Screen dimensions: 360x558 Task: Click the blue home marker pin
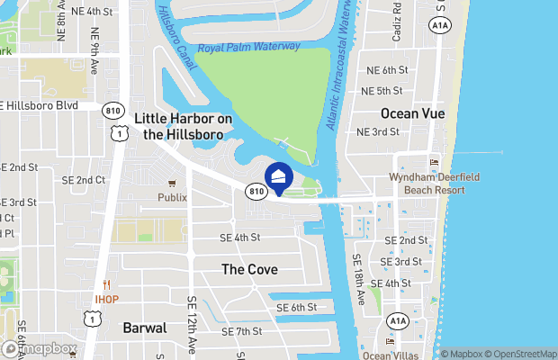click(x=279, y=177)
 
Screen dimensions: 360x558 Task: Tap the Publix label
click(x=172, y=197)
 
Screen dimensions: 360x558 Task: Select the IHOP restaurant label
click(x=107, y=299)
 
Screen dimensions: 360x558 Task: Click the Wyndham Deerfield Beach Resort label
click(x=427, y=184)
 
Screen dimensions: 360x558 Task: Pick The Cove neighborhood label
click(x=249, y=269)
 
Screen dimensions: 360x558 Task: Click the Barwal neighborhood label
click(x=145, y=328)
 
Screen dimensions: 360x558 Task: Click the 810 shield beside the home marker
click(x=256, y=190)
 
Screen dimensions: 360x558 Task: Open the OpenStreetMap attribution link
click(x=516, y=353)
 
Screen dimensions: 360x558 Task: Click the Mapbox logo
click(x=40, y=348)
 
